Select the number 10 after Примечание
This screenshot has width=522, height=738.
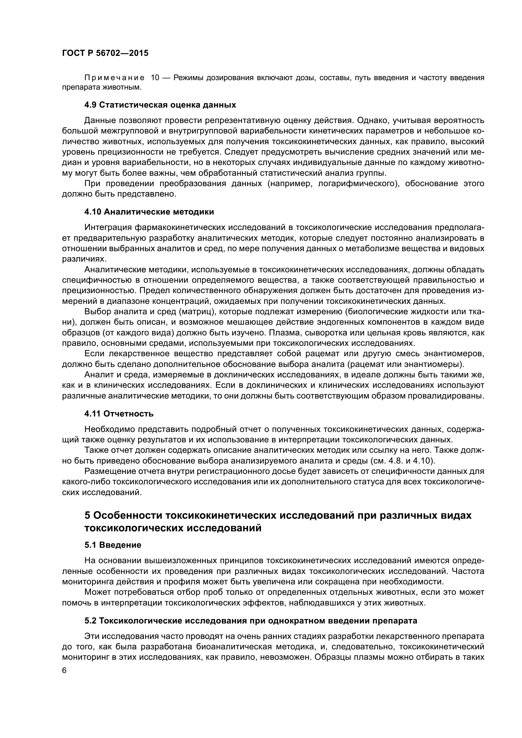pyautogui.click(x=155, y=78)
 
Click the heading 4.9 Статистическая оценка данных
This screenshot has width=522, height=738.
pyautogui.click(x=160, y=105)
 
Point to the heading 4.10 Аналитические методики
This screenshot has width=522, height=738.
pyautogui.click(x=149, y=212)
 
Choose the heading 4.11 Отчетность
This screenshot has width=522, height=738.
pyautogui.click(x=119, y=414)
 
